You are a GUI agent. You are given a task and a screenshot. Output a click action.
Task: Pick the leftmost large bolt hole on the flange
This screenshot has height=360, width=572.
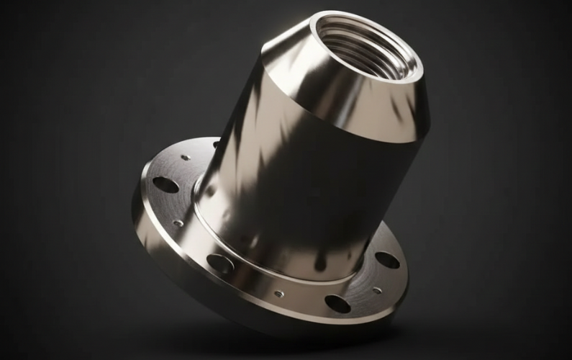[x=165, y=185]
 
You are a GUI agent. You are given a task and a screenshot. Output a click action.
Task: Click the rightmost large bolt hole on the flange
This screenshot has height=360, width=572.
[x=387, y=259]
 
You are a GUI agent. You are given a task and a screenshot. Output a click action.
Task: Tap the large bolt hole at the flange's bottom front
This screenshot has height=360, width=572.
[x=337, y=304]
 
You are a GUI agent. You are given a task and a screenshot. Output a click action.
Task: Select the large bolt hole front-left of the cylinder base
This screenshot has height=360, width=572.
[x=220, y=264]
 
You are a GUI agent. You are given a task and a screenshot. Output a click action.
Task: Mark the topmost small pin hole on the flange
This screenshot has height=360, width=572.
[x=186, y=157]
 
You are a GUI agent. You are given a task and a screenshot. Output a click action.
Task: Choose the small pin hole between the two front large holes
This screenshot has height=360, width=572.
[x=278, y=294]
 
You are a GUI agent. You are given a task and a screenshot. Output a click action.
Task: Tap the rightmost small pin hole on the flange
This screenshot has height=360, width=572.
[x=377, y=290]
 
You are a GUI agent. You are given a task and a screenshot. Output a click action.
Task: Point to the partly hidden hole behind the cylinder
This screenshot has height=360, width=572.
[x=215, y=145]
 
